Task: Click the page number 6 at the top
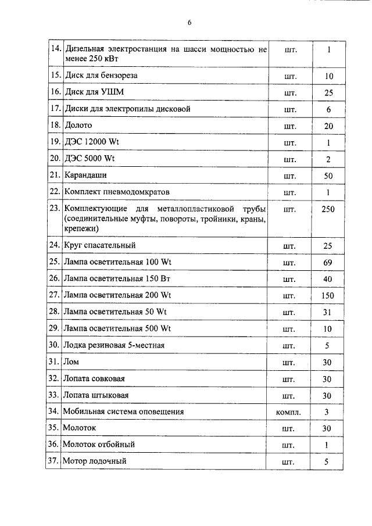[189, 23]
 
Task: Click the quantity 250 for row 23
[328, 209]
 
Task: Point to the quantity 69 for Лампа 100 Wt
[328, 263]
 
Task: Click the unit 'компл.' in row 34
[289, 412]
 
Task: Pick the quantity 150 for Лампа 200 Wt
[328, 296]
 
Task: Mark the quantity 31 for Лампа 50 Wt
[328, 312]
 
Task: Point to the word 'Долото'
[78, 125]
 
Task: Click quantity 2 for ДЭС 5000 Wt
[328, 159]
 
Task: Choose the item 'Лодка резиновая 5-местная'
[114, 345]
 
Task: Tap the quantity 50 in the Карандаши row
[328, 175]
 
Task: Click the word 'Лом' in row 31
[71, 362]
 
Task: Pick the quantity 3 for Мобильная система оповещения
[328, 412]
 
